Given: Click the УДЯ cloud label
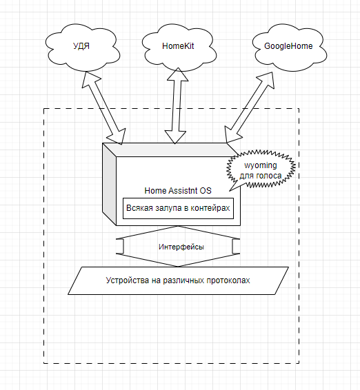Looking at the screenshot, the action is tap(81, 46).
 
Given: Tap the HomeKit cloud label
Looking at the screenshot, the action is tap(178, 46).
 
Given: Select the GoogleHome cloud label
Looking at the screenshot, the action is tap(288, 46).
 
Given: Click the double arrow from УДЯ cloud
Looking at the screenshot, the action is tap(104, 108).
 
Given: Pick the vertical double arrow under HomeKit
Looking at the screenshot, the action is tap(177, 105).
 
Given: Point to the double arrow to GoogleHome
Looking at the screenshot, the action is tap(249, 107).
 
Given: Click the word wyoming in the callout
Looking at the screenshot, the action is tap(261, 165).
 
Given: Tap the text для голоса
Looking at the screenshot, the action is tap(261, 176).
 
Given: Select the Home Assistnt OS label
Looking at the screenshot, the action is tap(178, 191).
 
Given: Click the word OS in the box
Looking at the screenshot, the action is tap(206, 191).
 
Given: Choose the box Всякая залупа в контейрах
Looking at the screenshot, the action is tap(178, 208).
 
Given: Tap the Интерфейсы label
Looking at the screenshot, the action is tap(181, 247).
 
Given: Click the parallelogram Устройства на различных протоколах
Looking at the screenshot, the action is tap(178, 281).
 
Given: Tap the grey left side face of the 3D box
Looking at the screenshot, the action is tap(109, 184).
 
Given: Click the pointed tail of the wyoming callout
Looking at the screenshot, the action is tap(230, 191).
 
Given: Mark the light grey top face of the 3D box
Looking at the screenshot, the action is tap(170, 150).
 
